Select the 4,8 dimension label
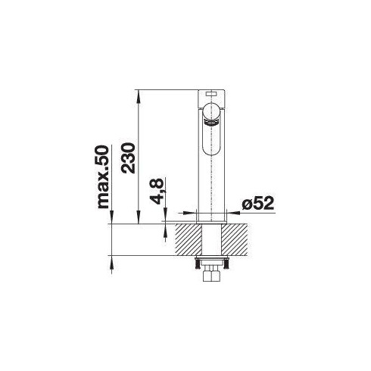click(156, 191)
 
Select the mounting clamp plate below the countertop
click(212, 264)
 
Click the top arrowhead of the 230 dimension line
click(138, 92)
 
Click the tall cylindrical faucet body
click(212, 167)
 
